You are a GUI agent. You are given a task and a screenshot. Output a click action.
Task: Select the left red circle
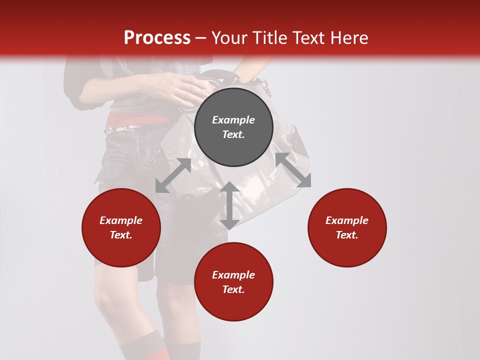tap(121, 227)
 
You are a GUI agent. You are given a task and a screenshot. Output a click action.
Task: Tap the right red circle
tap(347, 227)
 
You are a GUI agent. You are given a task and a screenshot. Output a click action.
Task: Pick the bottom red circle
tap(233, 281)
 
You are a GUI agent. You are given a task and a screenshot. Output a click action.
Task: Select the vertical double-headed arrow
tap(229, 205)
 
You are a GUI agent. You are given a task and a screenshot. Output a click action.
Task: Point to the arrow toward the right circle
tap(293, 170)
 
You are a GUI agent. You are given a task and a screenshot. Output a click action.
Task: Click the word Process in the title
tap(157, 37)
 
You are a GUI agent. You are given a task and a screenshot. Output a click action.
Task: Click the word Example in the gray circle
tap(233, 120)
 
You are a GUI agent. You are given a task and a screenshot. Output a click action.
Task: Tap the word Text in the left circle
tap(121, 235)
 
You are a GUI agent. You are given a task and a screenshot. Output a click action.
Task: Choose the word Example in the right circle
tap(347, 220)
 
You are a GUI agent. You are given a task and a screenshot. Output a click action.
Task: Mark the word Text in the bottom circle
tap(233, 289)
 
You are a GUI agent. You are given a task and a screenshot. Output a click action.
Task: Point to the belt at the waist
tap(125, 129)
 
